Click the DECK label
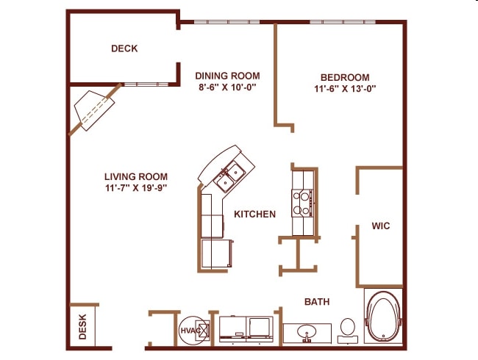tap(124, 48)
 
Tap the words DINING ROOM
tap(226, 75)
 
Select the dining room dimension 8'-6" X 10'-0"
tap(226, 87)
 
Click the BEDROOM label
tap(344, 77)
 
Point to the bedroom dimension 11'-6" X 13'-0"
tap(344, 90)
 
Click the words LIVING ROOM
tap(135, 176)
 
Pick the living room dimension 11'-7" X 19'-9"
tap(135, 188)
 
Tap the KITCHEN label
tap(254, 215)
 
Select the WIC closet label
tap(380, 226)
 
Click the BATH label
tap(317, 302)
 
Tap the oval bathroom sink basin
tap(306, 333)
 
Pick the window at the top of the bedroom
tap(343, 21)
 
